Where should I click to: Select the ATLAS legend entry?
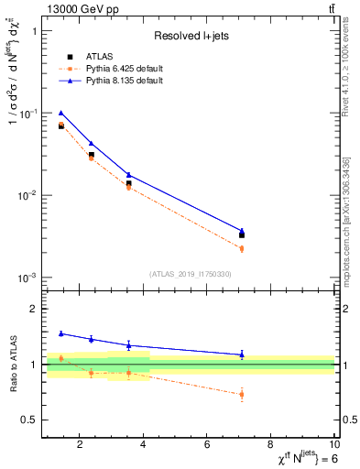click(x=97, y=57)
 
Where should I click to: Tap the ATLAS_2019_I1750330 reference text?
click(x=191, y=273)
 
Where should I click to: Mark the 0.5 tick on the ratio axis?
click(x=27, y=420)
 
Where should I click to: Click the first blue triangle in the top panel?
click(x=61, y=113)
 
